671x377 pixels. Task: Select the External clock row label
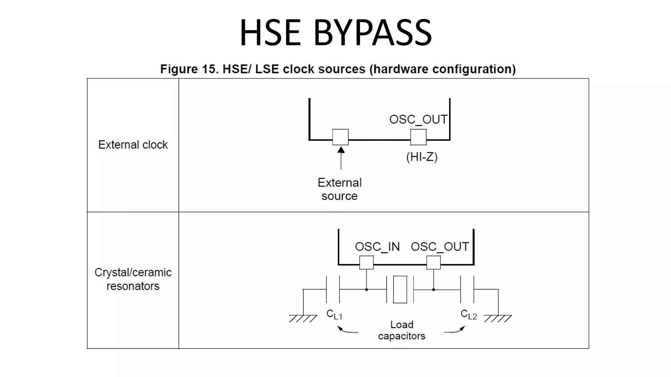[x=133, y=145]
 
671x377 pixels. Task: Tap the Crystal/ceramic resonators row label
[x=133, y=279]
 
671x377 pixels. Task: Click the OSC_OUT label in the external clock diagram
[x=418, y=119]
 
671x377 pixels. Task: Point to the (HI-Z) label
[x=422, y=157]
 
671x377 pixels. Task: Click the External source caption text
[x=339, y=189]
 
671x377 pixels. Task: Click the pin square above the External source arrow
[x=340, y=137]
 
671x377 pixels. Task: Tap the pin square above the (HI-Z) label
[x=418, y=137]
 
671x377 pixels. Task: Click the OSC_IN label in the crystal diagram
[x=377, y=246]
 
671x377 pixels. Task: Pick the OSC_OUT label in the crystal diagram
[x=440, y=246]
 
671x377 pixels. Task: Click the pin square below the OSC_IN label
[x=366, y=262]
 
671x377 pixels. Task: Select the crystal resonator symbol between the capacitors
[x=400, y=289]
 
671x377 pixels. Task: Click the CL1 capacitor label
[x=334, y=314]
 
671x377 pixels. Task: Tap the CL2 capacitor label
[x=469, y=314]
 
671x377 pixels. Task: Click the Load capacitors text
[x=402, y=330]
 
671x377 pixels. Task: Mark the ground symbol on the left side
[x=303, y=318]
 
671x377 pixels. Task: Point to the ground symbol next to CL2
[x=498, y=318]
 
